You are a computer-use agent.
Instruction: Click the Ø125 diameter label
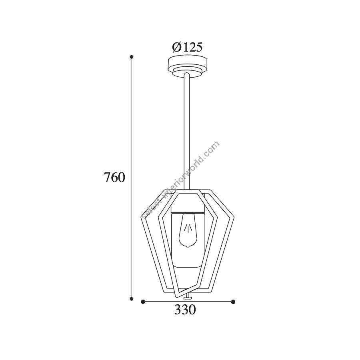click(187, 47)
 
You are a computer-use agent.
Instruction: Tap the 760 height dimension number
click(114, 178)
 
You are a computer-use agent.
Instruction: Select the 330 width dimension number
click(185, 310)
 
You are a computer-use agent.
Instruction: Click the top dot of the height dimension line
click(132, 57)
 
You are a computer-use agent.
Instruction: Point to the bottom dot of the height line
click(132, 299)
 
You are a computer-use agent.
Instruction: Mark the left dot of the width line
click(143, 302)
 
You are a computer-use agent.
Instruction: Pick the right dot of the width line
click(233, 302)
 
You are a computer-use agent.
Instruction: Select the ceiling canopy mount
click(187, 66)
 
